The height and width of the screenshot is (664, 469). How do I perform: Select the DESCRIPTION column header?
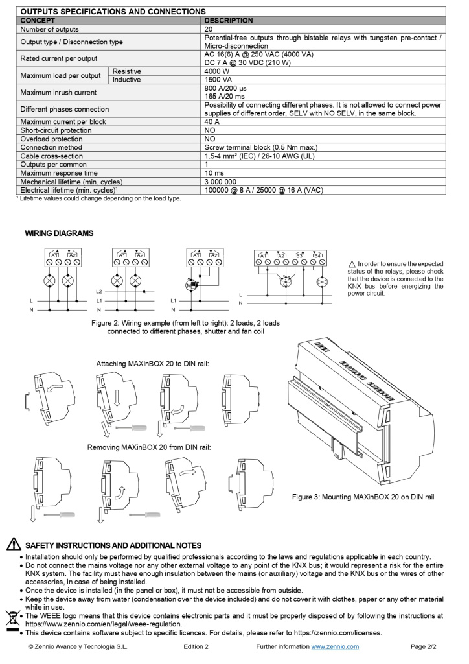pos(229,21)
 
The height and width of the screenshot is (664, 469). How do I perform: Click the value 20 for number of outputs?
pos(209,29)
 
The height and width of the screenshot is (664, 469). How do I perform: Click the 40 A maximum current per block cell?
pos(212,122)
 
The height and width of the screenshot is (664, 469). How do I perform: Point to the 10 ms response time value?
pos(214,173)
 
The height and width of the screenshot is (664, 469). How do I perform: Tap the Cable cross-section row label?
pos(52,156)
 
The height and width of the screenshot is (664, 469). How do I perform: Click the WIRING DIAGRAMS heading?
pos(59,233)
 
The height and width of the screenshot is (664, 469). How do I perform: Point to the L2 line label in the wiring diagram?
pos(99,292)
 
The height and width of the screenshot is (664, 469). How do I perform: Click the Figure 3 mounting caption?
pos(363,497)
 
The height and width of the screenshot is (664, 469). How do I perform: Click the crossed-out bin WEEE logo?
pos(11,619)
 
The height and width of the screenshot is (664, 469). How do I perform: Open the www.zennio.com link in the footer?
pos(335,646)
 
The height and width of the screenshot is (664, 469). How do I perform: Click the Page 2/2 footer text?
pos(424,646)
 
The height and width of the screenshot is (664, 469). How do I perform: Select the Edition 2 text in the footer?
pos(196,646)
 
